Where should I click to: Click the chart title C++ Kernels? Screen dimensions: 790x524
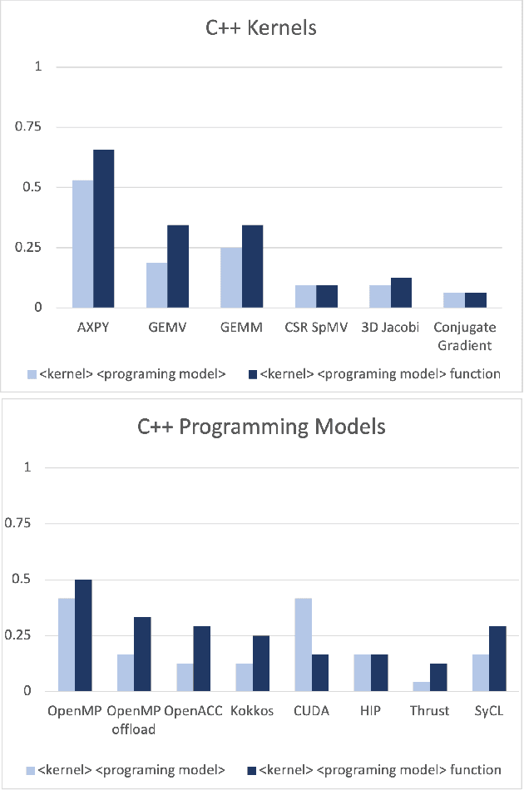coord(262,28)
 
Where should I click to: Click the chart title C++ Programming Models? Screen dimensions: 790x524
coord(262,427)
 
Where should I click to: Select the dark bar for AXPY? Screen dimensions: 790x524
coord(103,229)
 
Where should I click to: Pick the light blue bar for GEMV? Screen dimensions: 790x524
coord(156,285)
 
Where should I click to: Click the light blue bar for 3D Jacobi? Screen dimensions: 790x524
coord(379,297)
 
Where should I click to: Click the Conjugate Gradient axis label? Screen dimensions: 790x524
coord(465,336)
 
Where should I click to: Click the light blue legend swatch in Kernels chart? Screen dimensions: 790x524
coord(32,374)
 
